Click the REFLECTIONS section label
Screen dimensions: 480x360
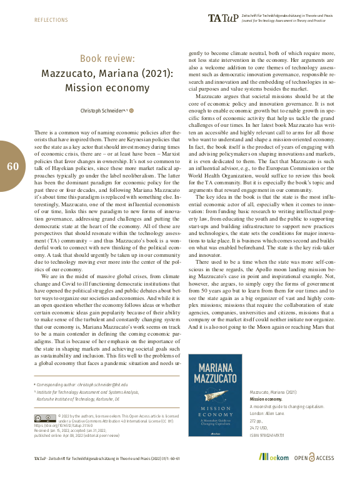pyautogui.click(x=50, y=20)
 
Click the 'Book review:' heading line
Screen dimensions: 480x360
pyautogui.click(x=107, y=59)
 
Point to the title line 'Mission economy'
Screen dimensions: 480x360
pyautogui.click(x=107, y=87)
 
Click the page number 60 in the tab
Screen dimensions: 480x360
pyautogui.click(x=13, y=166)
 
